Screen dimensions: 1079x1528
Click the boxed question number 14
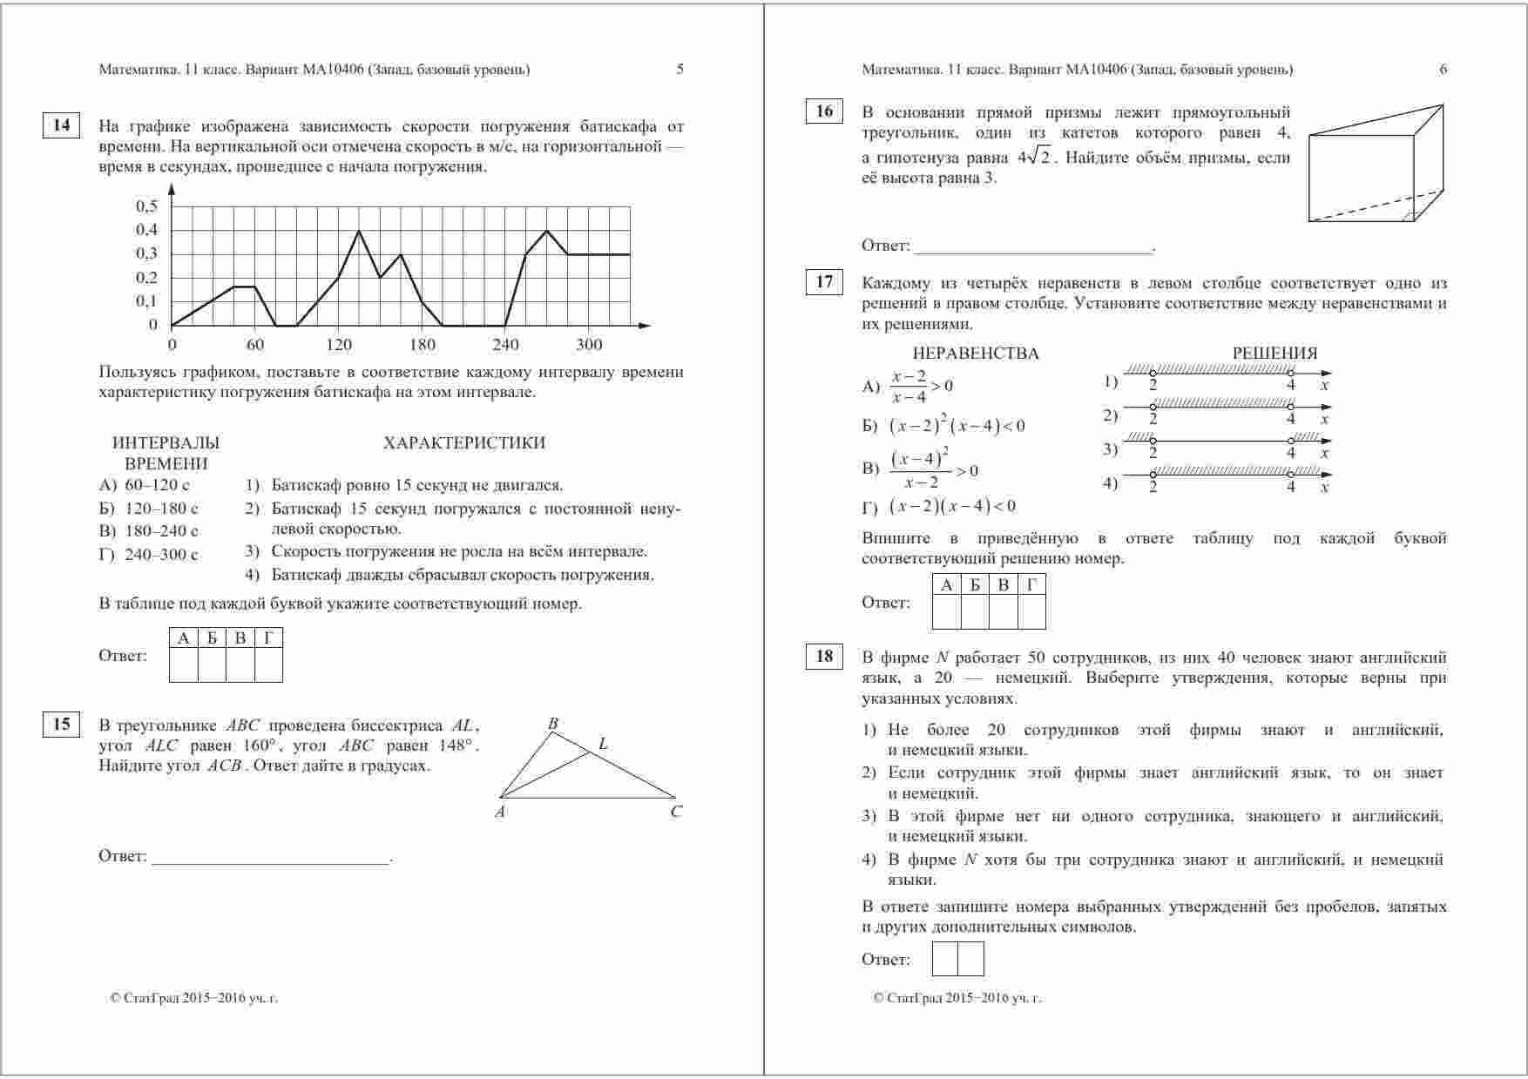(61, 125)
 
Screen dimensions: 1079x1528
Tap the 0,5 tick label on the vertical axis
(146, 206)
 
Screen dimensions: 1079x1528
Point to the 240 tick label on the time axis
(505, 345)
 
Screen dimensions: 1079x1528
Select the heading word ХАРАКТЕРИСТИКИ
(464, 443)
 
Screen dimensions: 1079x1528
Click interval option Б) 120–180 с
(149, 509)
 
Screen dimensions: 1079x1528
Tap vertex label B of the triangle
(552, 724)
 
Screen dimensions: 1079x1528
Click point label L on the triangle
(603, 745)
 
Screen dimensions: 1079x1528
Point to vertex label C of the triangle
(676, 813)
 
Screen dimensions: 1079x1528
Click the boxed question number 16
(824, 111)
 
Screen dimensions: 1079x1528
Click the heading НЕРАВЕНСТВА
(976, 354)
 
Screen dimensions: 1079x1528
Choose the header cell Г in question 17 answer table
(1031, 585)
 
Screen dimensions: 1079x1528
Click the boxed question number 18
(824, 657)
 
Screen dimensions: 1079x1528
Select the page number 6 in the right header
(1443, 70)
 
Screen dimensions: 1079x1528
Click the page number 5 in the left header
(680, 70)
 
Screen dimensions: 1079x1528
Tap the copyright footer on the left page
(194, 998)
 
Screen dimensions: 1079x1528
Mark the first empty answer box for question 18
(945, 959)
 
